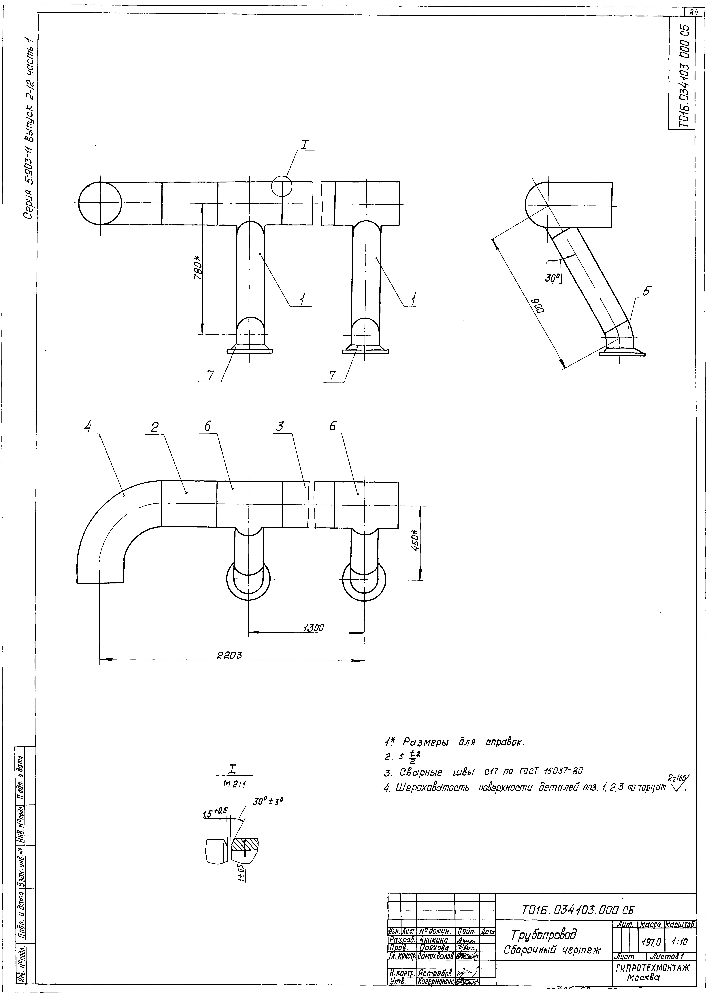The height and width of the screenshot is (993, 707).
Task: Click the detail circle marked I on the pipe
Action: tap(282, 186)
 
